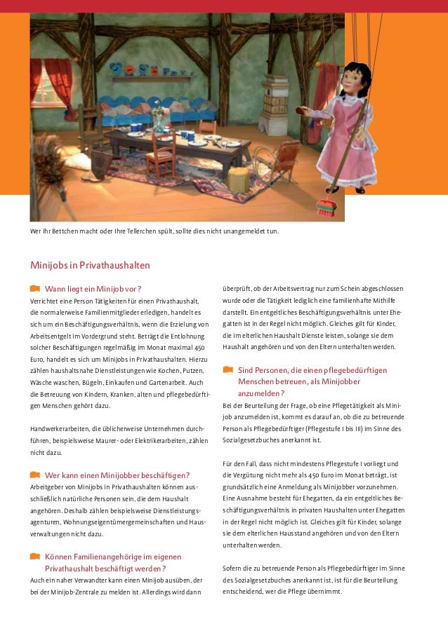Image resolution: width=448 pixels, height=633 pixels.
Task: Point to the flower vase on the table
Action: pyautogui.click(x=159, y=120)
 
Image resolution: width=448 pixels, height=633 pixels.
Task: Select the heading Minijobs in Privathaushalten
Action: pyautogui.click(x=89, y=266)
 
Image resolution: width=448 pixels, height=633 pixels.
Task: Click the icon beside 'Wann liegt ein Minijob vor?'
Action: pyautogui.click(x=34, y=288)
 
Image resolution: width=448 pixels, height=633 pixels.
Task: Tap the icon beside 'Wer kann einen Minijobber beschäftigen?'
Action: pyautogui.click(x=34, y=474)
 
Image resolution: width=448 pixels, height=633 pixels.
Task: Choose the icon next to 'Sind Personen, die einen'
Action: pyautogui.click(x=227, y=369)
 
